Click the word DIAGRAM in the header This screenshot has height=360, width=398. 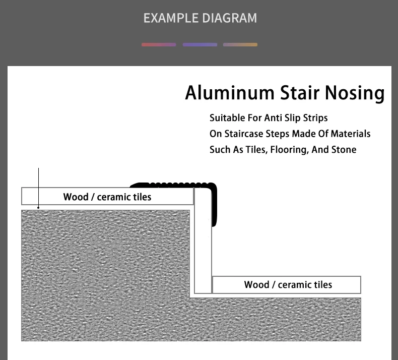pyautogui.click(x=229, y=18)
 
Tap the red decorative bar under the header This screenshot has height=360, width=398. pyautogui.click(x=159, y=45)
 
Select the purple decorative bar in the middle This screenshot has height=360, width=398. pyautogui.click(x=200, y=45)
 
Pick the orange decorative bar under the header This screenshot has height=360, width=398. pyautogui.click(x=240, y=45)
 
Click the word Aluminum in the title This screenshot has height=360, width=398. pyautogui.click(x=230, y=93)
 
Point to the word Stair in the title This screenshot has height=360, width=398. pyautogui.click(x=300, y=93)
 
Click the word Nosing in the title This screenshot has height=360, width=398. pyautogui.click(x=355, y=93)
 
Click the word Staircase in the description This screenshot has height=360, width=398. pyautogui.click(x=244, y=134)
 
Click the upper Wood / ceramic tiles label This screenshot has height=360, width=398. pyautogui.click(x=107, y=197)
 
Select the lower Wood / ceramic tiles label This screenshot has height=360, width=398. pyautogui.click(x=288, y=285)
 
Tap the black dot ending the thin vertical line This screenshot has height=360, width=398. pyautogui.click(x=38, y=208)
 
